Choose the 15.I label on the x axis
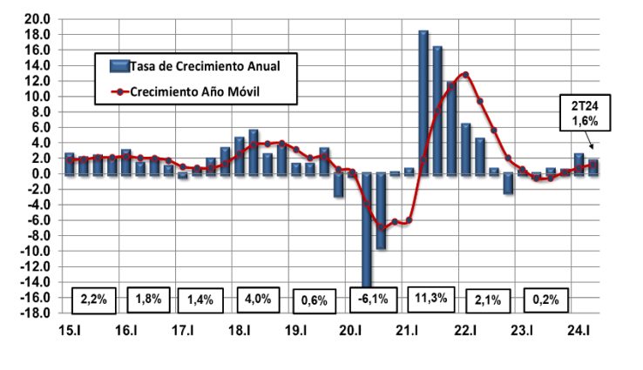(70, 331)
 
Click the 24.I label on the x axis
(579, 331)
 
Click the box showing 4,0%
(259, 300)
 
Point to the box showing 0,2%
(545, 300)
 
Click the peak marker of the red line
(465, 75)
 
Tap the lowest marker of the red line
(381, 228)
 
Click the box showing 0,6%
(314, 300)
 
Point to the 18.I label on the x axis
(240, 331)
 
